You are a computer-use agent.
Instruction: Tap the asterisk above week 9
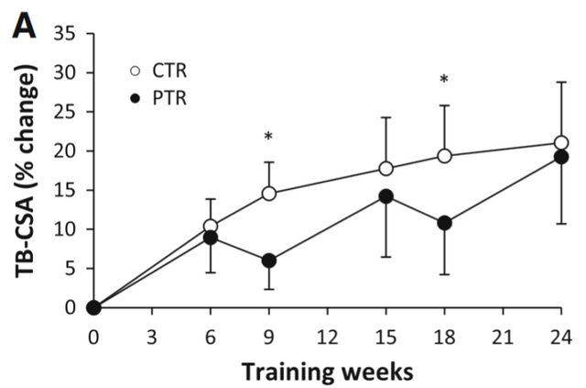click(x=268, y=138)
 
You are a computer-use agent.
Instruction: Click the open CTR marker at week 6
click(x=211, y=226)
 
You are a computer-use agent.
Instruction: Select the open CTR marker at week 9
click(x=269, y=194)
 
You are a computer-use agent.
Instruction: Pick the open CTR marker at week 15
click(x=386, y=169)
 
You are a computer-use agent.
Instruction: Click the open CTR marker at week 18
click(x=445, y=156)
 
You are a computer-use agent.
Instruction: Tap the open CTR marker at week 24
click(x=561, y=143)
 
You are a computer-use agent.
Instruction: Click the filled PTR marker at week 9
click(x=269, y=261)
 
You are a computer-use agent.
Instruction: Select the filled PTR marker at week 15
click(x=386, y=196)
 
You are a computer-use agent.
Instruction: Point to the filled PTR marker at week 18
click(x=445, y=223)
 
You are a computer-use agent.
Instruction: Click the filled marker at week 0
click(x=93, y=307)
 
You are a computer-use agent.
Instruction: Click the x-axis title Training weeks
click(x=327, y=371)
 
